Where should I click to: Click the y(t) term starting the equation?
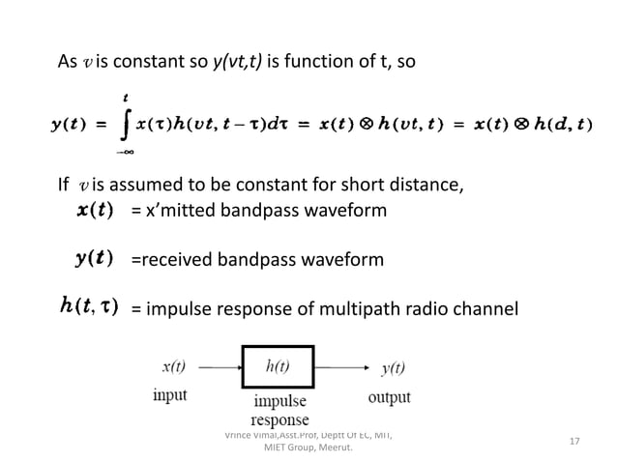point(69,126)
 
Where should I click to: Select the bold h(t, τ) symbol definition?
point(88,307)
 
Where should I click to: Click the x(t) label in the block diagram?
point(173,367)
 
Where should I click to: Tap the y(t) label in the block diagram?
point(395,368)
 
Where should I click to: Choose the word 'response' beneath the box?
point(279,419)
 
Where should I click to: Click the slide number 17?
point(574,442)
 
